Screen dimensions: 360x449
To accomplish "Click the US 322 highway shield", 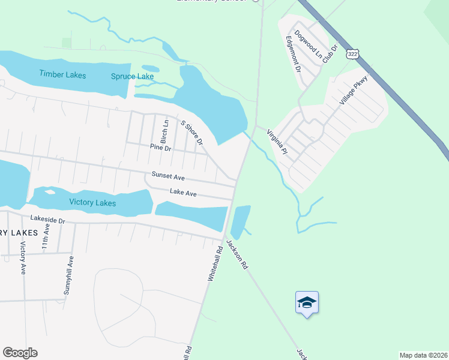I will [x=352, y=54].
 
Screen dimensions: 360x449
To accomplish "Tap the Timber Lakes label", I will [x=62, y=75].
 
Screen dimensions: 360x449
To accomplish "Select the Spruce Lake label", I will [x=132, y=76].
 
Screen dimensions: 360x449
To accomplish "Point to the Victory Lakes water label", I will [x=92, y=202].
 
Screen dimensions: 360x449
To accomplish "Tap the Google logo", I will [x=20, y=353].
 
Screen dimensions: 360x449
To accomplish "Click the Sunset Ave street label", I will [x=167, y=178].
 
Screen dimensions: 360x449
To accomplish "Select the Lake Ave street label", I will [x=183, y=193].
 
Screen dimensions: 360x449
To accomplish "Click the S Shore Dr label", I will [x=191, y=133].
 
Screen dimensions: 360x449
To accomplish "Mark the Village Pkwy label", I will [x=353, y=91].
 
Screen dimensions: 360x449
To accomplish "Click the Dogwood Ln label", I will [x=304, y=43].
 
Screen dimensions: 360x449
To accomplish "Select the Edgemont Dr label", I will [x=293, y=54].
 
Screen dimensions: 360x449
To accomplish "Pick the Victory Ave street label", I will [x=23, y=259].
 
